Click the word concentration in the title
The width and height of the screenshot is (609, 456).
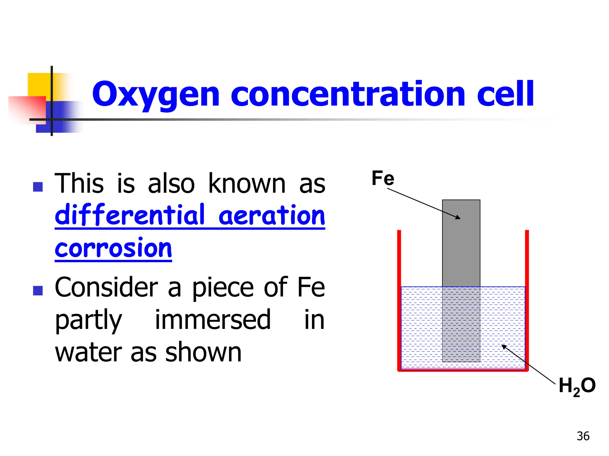coord(348,94)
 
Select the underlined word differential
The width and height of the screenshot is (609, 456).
coord(130,215)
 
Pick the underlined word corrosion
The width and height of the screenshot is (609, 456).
coord(113,248)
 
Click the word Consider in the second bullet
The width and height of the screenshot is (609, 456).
coord(106,287)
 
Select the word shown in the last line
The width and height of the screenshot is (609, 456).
coord(203,352)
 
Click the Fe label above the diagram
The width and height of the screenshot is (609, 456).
coord(383,178)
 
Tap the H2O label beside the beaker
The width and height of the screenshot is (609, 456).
coord(577,386)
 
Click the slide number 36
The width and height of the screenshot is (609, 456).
coord(583,436)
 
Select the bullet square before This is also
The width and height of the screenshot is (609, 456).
coord(38,187)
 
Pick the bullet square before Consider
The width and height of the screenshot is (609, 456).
coord(38,290)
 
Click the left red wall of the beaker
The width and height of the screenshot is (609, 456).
coord(399,300)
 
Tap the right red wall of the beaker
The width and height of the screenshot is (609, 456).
coord(527,300)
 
